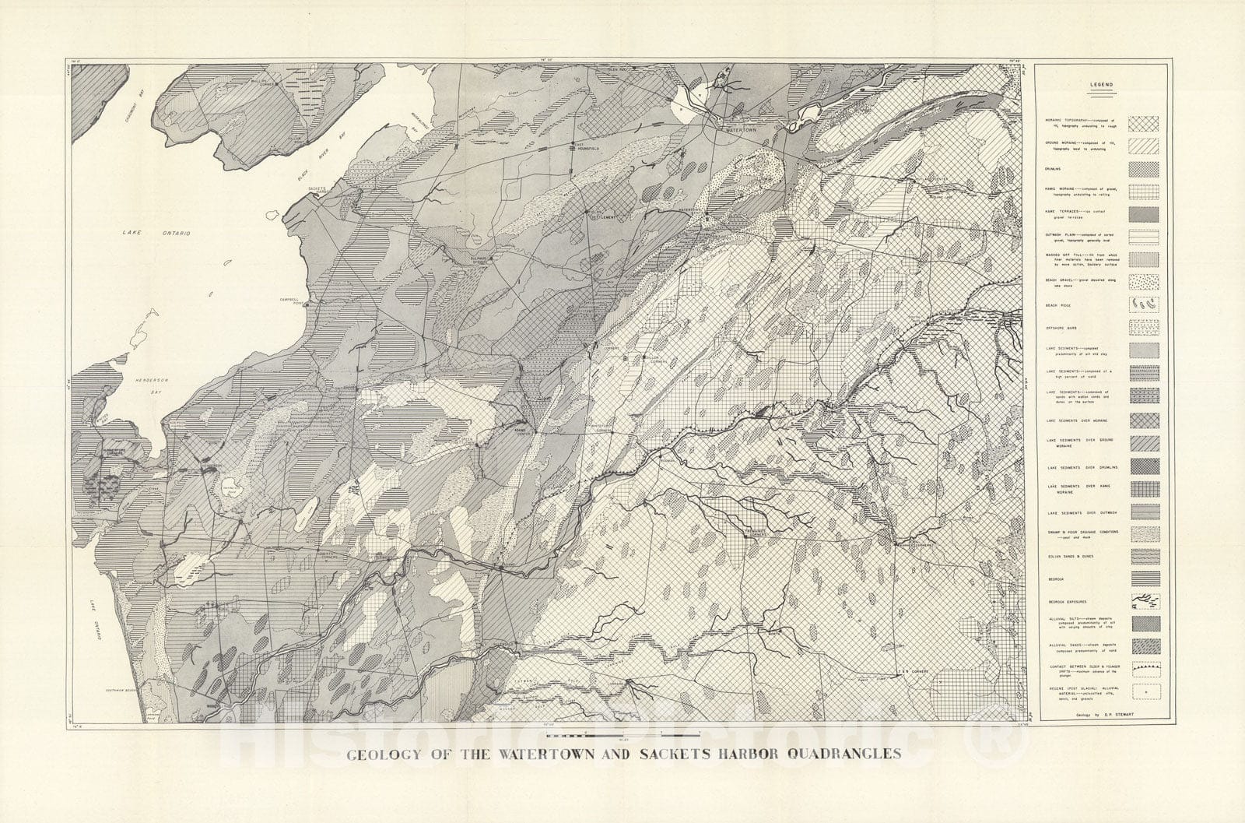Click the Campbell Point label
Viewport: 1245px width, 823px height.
click(293, 300)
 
